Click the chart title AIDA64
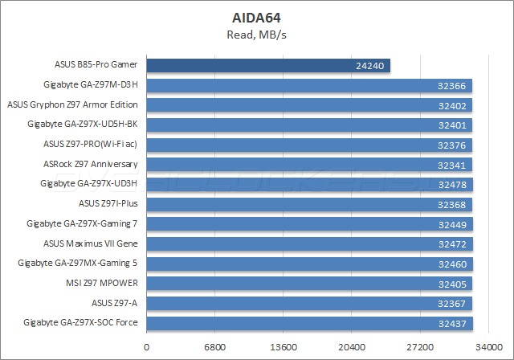[x=256, y=16]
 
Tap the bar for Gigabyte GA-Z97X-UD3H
[x=309, y=183]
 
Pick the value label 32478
[x=451, y=184]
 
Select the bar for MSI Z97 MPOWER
[x=309, y=283]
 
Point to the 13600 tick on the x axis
[x=284, y=347]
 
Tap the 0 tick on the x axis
[x=146, y=347]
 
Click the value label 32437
[x=451, y=323]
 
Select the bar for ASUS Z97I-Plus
[x=309, y=203]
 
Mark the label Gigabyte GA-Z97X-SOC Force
[x=82, y=322]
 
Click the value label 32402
[x=451, y=104]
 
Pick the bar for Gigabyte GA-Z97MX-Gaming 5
[x=309, y=263]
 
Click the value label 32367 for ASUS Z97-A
[x=451, y=303]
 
